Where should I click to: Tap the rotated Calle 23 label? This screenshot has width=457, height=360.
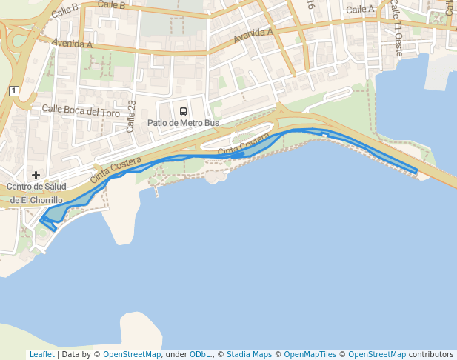(131, 116)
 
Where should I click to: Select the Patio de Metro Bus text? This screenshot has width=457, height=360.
(183, 123)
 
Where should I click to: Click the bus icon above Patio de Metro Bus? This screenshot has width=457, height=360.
(183, 111)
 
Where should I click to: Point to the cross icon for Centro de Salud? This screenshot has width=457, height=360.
(35, 175)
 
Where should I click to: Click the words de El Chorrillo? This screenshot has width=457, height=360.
(36, 200)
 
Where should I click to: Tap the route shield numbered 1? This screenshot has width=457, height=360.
(13, 90)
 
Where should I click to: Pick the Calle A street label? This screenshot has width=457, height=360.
(361, 10)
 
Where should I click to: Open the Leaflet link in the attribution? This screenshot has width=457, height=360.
(41, 354)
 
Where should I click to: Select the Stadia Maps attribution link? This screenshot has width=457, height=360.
(250, 354)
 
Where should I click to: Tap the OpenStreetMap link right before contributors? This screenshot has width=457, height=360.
(376, 354)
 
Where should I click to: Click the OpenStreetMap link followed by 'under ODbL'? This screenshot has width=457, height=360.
(131, 354)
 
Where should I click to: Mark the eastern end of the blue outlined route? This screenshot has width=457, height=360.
(416, 173)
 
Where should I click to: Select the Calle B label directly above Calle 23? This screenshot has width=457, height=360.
(111, 5)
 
